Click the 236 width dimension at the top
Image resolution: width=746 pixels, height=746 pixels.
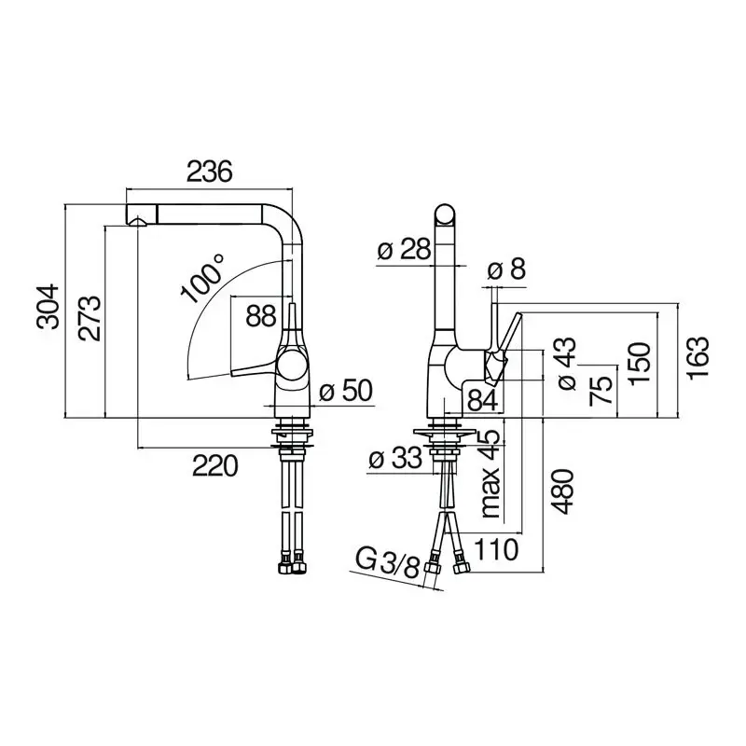click(208, 172)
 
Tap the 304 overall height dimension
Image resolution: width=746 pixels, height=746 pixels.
click(48, 307)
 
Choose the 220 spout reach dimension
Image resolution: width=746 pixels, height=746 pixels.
click(215, 463)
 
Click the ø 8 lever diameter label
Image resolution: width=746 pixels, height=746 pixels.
click(506, 270)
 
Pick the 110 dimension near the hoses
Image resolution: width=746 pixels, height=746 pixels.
click(494, 549)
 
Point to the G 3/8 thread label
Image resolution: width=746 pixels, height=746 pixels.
click(387, 563)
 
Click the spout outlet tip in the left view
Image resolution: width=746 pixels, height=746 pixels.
click(137, 221)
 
